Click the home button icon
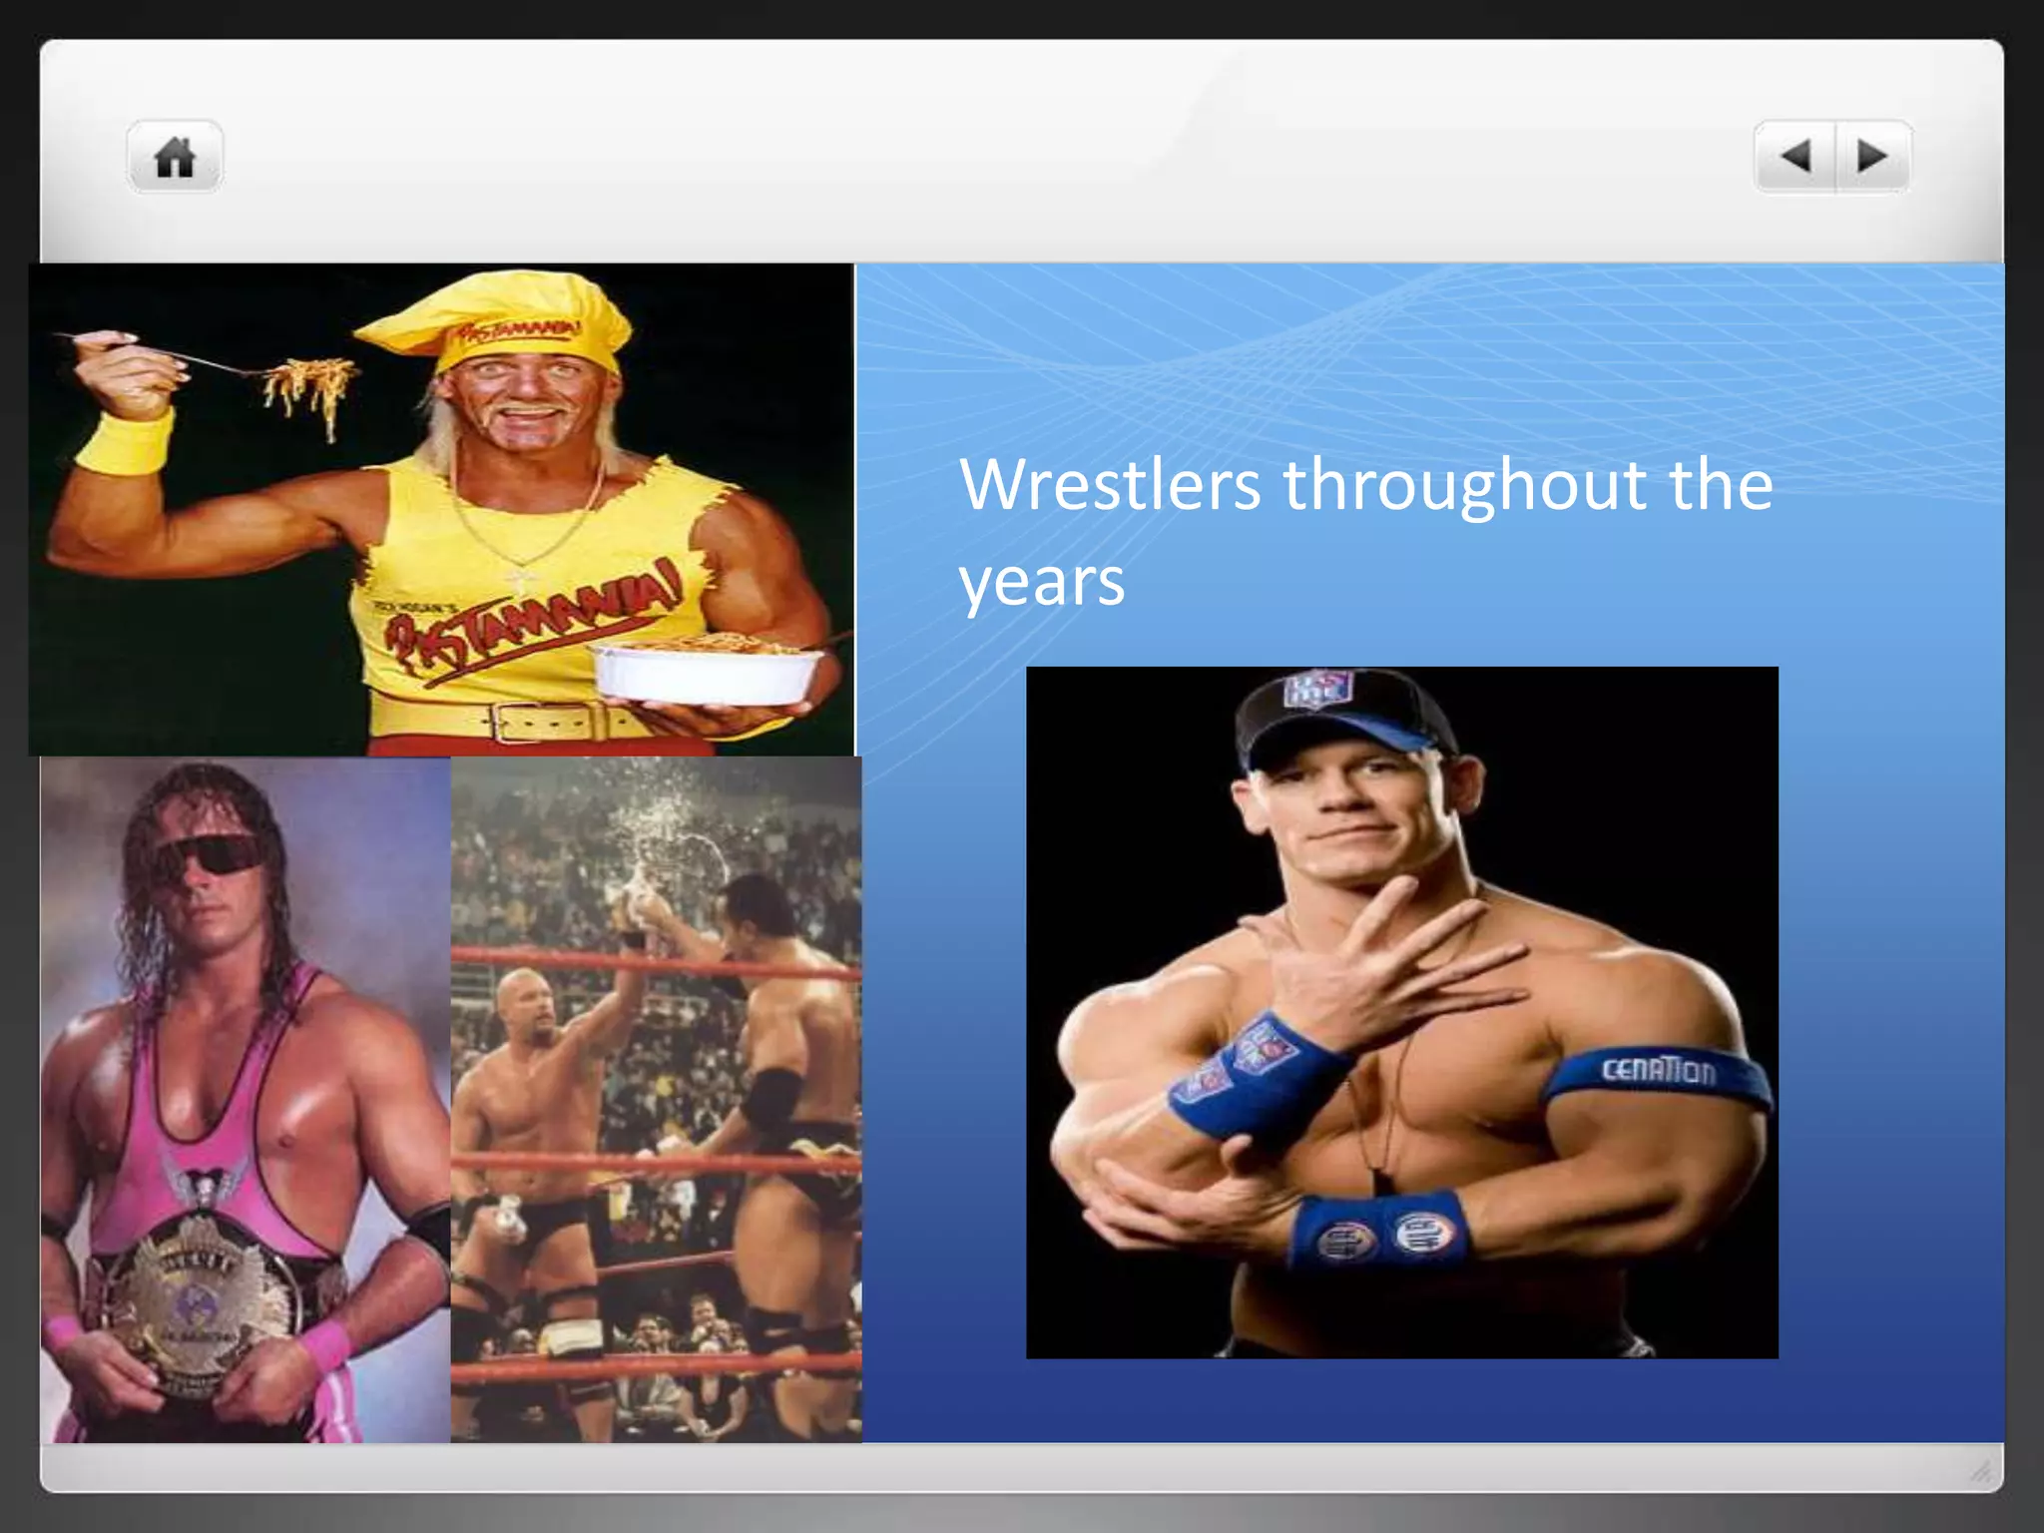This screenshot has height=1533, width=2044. (175, 157)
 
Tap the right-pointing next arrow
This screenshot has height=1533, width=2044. (1872, 156)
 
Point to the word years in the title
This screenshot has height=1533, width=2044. (1041, 581)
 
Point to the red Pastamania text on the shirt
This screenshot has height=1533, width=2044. (529, 619)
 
